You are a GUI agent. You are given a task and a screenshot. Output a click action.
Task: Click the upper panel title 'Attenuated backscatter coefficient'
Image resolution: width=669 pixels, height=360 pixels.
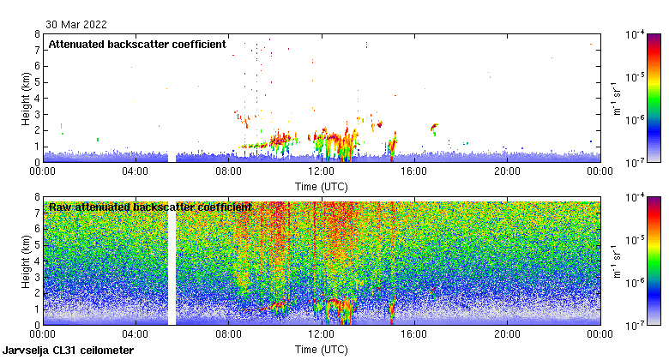pyautogui.click(x=137, y=44)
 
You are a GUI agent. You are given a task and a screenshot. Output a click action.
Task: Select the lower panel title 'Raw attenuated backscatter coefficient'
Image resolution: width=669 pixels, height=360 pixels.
pyautogui.click(x=150, y=207)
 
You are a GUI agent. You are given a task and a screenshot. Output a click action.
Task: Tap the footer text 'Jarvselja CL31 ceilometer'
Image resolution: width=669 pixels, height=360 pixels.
pyautogui.click(x=69, y=351)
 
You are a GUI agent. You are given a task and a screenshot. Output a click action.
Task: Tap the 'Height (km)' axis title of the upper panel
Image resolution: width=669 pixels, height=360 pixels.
pyautogui.click(x=27, y=98)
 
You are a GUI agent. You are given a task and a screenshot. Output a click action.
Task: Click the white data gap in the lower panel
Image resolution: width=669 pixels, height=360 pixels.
pyautogui.click(x=172, y=261)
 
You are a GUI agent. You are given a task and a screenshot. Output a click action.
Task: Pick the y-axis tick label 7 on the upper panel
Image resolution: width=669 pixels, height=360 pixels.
pyautogui.click(x=37, y=50)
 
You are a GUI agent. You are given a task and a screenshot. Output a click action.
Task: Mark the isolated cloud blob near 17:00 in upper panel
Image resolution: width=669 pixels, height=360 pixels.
pyautogui.click(x=434, y=129)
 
